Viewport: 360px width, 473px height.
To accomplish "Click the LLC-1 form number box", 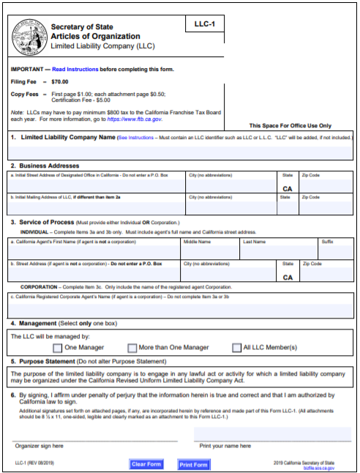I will tap(204, 25).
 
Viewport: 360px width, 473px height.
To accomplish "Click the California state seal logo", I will tap(29, 34).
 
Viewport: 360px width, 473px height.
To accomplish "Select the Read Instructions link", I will tap(72, 69).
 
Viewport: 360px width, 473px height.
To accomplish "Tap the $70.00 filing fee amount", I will tap(61, 82).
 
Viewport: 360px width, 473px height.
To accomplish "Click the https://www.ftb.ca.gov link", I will tap(136, 118).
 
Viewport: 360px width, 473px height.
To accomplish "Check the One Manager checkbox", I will tap(56, 348).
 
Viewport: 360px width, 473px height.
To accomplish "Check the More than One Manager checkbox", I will tap(132, 348).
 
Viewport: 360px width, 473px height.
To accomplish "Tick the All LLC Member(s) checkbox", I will tap(236, 348).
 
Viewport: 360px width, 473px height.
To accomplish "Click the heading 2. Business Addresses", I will tap(49, 166).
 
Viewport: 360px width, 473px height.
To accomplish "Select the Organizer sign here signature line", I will tap(94, 436).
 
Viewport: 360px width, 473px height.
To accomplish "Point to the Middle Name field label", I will tap(197, 240).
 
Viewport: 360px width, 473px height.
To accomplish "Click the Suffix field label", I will tap(327, 240).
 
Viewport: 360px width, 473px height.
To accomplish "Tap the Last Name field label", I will tap(255, 240).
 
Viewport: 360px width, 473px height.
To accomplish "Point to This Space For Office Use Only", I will tap(290, 126).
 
